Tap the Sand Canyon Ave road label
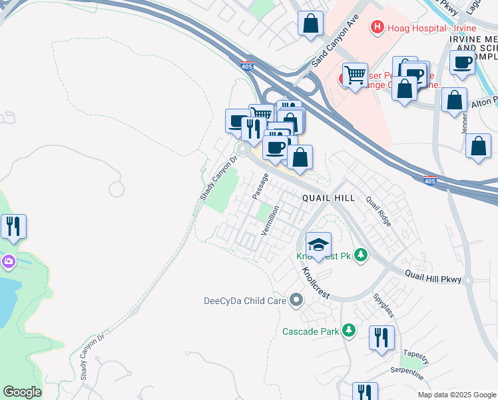pos(336,41)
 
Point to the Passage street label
pos(260,186)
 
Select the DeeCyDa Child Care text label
pos(244,301)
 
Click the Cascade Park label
pos(311,331)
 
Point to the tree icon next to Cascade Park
pos(348,330)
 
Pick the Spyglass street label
pos(385,305)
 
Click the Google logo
pos(23,392)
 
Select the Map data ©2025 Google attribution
pos(456,395)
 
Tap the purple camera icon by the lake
pos(8,261)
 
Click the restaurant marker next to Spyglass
pos(381,337)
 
